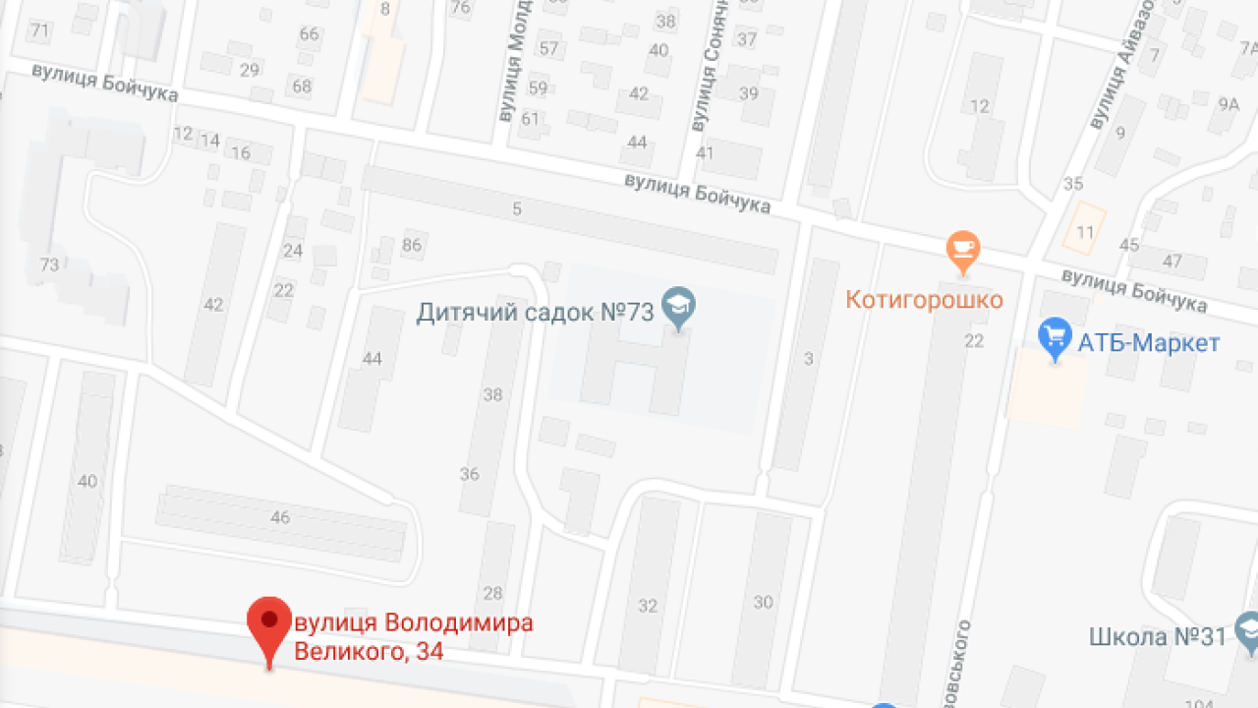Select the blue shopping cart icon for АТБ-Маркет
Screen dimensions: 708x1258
[1055, 337]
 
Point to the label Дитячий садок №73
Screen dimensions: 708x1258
[536, 313]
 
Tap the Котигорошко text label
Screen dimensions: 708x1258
[924, 299]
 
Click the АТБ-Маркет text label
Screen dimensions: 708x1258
[1149, 343]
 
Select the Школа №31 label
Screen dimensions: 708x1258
[1158, 636]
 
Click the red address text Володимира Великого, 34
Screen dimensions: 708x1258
[414, 636]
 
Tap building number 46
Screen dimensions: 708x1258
[280, 517]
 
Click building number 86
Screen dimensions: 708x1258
[412, 245]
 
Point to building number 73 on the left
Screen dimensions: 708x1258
[49, 265]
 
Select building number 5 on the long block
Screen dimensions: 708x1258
[517, 208]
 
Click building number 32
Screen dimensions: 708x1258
[648, 606]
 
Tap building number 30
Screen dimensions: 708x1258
[764, 602]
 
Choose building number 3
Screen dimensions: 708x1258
[809, 359]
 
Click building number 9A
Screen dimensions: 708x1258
[1229, 103]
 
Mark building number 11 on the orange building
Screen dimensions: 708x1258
[1085, 233]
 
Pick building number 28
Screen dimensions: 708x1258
[492, 593]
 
